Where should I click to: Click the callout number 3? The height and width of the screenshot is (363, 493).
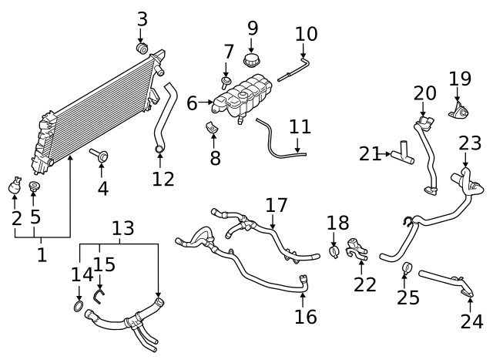[x=143, y=19]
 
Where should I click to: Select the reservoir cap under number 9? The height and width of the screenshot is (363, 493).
[x=251, y=60]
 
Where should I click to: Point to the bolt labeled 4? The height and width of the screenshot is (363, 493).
[x=99, y=156]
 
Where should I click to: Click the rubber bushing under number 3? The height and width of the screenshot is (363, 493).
[x=142, y=48]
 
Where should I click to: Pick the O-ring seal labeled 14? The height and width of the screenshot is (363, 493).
[x=79, y=306]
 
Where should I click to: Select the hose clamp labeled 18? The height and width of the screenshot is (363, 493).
[x=334, y=252]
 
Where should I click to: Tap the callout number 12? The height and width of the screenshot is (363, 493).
[x=163, y=179]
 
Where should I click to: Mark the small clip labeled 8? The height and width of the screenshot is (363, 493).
[x=211, y=127]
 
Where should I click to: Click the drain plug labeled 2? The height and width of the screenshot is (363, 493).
[x=15, y=185]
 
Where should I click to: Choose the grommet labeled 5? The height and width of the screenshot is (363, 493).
[x=34, y=186]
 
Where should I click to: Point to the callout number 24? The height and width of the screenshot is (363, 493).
[x=471, y=321]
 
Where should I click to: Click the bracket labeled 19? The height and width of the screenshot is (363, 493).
[x=459, y=111]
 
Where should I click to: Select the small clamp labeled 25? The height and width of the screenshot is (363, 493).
[x=407, y=267]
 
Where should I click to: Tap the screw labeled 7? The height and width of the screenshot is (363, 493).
[x=226, y=83]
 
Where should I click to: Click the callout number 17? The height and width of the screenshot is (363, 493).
[x=277, y=205]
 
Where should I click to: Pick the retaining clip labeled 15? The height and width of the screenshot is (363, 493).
[x=99, y=296]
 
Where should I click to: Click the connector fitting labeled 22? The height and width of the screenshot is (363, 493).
[x=357, y=250]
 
